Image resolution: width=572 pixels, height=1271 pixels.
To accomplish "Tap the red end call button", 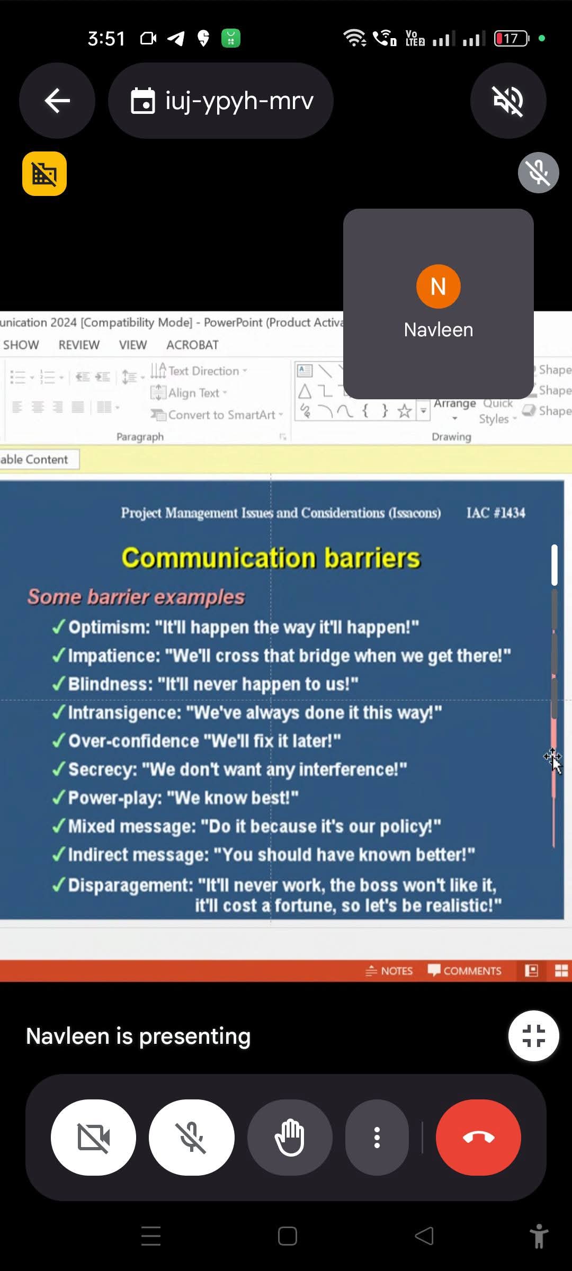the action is coord(478,1137).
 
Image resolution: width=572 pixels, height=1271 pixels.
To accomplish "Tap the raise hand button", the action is coord(290,1137).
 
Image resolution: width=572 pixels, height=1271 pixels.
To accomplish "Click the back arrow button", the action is coord(57,101).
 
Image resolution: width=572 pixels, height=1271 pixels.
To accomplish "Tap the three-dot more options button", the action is coord(377,1137).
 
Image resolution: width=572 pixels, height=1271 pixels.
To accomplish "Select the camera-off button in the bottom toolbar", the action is coord(93,1137).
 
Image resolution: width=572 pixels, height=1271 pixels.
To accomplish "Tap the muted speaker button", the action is coord(508,101).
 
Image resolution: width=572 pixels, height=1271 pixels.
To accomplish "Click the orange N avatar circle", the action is coord(438,287).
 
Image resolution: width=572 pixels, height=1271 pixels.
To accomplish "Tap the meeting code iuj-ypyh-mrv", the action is coord(239,101).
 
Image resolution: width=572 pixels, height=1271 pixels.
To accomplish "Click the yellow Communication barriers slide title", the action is coord(271,558).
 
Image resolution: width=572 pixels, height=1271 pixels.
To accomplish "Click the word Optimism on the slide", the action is coord(109,628).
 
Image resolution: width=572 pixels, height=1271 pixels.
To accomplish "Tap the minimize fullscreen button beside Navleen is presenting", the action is coord(533,1036).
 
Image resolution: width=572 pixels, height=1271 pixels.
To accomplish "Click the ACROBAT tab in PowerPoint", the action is coord(192,345).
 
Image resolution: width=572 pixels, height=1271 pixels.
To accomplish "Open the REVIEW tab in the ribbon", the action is coord(79,345).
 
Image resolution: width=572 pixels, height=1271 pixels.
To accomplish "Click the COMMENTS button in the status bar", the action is coord(464,971).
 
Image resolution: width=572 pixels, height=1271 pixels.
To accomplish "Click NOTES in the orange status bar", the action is coord(389,971).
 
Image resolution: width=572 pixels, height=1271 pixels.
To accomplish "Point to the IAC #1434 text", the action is coord(496,513).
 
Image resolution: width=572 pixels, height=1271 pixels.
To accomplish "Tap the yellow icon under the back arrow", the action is coord(44,174).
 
